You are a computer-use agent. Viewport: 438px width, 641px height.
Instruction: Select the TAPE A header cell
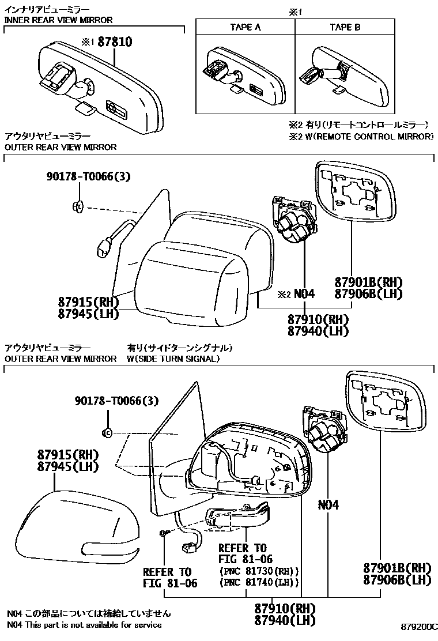tap(245, 27)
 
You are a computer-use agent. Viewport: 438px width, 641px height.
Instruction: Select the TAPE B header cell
tap(345, 27)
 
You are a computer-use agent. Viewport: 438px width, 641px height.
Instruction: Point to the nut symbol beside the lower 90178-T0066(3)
tap(107, 432)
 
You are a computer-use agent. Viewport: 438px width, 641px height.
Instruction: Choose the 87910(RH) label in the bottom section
tap(285, 608)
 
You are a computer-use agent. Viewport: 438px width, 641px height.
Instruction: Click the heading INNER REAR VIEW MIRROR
tap(58, 20)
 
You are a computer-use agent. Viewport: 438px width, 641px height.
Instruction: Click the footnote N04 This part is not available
tap(84, 624)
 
